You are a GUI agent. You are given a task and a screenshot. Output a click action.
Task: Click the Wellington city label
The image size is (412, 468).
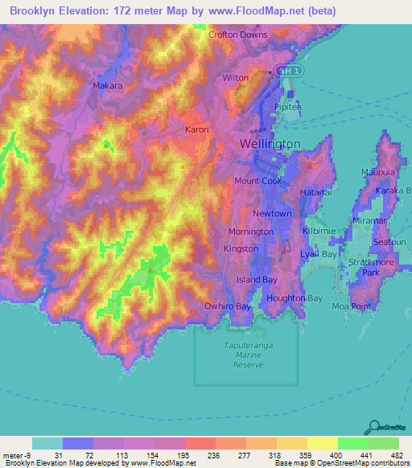(270, 143)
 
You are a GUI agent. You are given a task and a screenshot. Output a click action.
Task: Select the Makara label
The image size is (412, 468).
(108, 85)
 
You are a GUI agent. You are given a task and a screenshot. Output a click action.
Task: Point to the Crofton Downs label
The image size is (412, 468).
(237, 35)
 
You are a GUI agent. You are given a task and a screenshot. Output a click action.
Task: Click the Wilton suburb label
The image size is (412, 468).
(236, 78)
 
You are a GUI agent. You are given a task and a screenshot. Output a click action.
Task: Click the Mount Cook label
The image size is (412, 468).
(257, 181)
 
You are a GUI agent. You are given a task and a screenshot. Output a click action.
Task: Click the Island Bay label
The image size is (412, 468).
(257, 280)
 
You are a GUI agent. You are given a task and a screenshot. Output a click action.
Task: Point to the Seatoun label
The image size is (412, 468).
(390, 242)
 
